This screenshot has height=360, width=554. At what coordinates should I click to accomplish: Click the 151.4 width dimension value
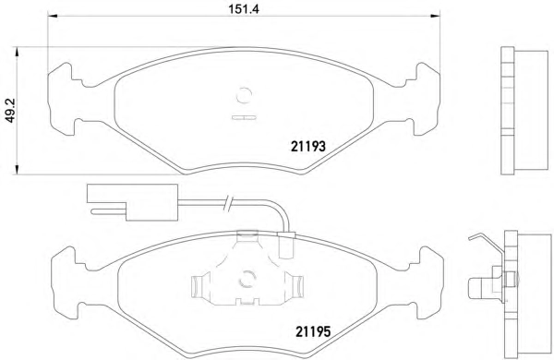point(244,8)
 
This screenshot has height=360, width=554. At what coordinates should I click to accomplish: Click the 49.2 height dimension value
point(10,111)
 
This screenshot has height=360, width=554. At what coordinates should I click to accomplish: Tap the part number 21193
point(308,146)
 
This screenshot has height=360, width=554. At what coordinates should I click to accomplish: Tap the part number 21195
point(313,331)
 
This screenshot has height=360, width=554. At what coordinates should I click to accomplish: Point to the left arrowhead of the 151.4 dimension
point(53,16)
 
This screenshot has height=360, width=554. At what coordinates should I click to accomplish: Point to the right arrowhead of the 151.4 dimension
point(435,16)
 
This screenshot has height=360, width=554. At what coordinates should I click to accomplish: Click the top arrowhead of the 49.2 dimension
point(17,52)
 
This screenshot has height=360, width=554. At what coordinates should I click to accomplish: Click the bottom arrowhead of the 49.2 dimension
point(17,170)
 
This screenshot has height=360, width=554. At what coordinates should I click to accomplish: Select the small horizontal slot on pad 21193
point(244,117)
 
